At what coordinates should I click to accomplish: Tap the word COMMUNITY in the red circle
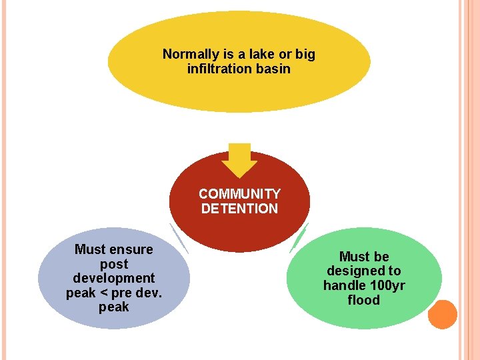tap(239, 194)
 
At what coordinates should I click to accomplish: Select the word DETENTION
tap(239, 209)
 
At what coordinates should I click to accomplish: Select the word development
tap(113, 279)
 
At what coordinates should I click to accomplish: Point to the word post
tap(113, 264)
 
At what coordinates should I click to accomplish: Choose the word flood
tap(364, 300)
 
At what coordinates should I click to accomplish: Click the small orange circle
tap(442, 314)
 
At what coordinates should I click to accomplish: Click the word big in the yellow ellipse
tap(305, 54)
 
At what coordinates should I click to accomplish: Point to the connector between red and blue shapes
tap(179, 238)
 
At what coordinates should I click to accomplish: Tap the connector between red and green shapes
tap(299, 237)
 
